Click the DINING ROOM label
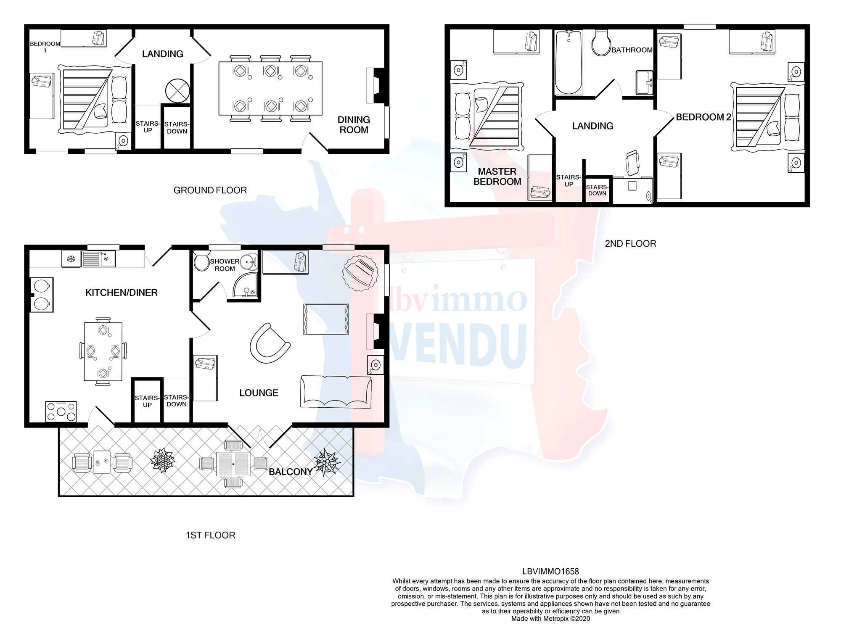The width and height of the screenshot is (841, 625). (x=354, y=125)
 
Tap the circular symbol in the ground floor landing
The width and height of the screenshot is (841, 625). (x=177, y=90)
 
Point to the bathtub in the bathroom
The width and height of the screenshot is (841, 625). (x=569, y=62)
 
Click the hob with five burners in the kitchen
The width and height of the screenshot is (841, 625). (x=61, y=411)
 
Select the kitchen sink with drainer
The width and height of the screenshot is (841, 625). (x=98, y=258)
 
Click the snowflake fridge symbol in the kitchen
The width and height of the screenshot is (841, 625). (x=71, y=259)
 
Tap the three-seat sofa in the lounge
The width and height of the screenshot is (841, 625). (x=336, y=392)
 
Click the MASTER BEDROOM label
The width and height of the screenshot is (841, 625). (x=497, y=177)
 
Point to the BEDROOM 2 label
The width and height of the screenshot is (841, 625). (x=703, y=117)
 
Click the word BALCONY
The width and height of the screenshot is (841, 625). (x=291, y=472)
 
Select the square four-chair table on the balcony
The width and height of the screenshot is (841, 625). (x=233, y=464)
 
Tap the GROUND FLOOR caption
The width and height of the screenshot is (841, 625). (x=210, y=190)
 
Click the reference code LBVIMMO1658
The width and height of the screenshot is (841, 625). (x=550, y=571)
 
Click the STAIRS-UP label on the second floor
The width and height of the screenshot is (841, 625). (x=569, y=181)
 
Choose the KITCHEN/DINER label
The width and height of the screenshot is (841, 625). (x=121, y=293)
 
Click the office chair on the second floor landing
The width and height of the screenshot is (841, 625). (x=632, y=163)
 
